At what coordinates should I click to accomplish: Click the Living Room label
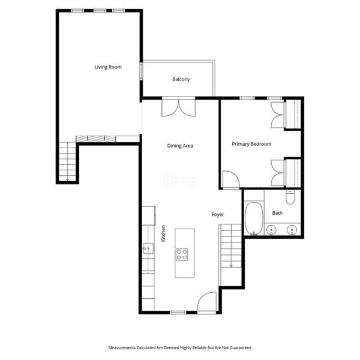click(x=108, y=67)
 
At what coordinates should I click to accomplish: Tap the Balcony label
click(x=181, y=79)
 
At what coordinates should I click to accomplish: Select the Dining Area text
click(x=180, y=146)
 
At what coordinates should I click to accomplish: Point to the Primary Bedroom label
click(x=251, y=144)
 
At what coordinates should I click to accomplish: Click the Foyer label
click(x=218, y=214)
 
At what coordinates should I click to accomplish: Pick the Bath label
click(x=277, y=213)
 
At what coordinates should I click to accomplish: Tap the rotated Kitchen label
click(x=163, y=233)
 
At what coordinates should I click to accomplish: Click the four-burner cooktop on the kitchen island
click(x=182, y=254)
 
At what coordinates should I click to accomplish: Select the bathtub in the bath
click(x=254, y=218)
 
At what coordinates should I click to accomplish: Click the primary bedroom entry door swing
click(x=232, y=179)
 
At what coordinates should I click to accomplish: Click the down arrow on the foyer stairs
click(x=231, y=266)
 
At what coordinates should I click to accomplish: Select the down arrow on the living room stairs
click(x=67, y=179)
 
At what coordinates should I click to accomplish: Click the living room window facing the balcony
click(x=142, y=71)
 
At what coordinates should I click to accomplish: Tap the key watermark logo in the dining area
click(x=180, y=180)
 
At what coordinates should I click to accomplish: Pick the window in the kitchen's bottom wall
click(x=178, y=313)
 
